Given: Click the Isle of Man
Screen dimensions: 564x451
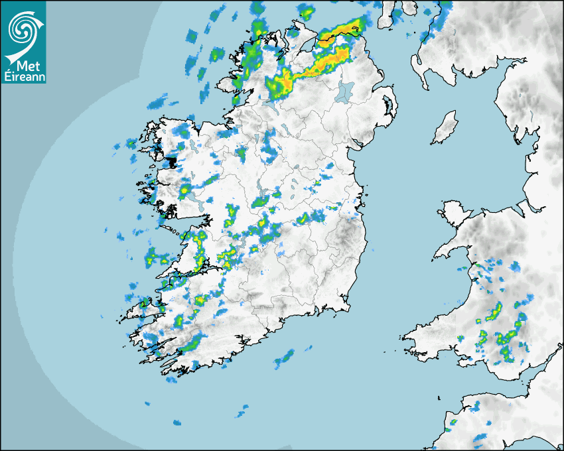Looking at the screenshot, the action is [445, 128].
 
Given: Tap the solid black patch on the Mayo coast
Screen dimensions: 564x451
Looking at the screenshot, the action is [171, 161].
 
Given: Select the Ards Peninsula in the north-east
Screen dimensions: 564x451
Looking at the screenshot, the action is [390, 103].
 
